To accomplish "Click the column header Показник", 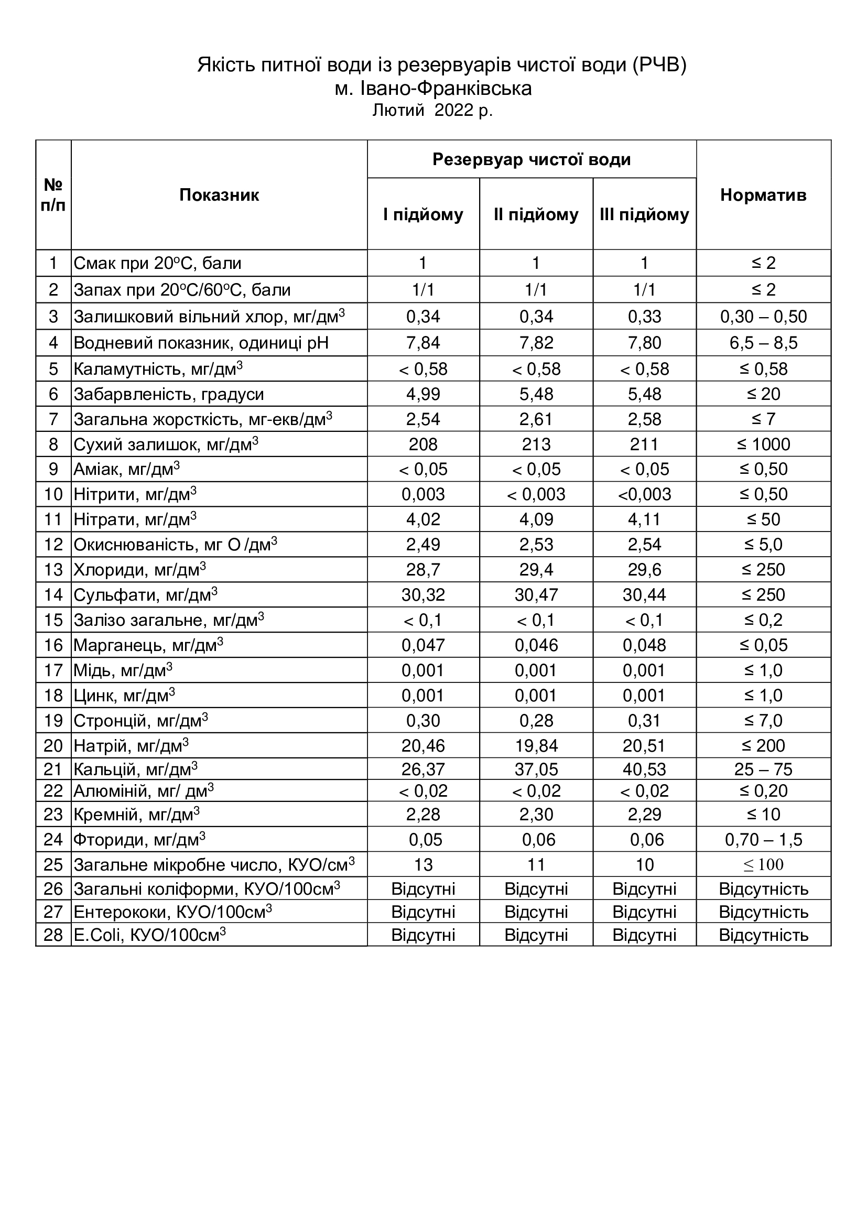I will (x=219, y=195).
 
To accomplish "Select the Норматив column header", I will (x=763, y=195).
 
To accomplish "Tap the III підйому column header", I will (x=644, y=214).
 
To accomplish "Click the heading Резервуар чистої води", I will (x=531, y=159).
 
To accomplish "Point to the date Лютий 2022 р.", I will (x=432, y=110).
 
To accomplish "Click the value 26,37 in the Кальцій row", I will (x=423, y=769).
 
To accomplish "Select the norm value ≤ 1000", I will (x=763, y=444).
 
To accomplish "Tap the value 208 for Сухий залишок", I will (x=423, y=444).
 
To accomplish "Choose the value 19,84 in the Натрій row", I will (x=536, y=745).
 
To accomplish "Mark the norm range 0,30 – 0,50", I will (x=763, y=317).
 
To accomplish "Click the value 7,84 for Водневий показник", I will (x=423, y=342).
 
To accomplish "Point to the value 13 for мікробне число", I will (x=423, y=864).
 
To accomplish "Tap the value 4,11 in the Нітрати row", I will (x=644, y=519).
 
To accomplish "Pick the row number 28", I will (x=53, y=935).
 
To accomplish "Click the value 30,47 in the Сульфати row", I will (x=536, y=595).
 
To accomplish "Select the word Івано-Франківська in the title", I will (x=446, y=88).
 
